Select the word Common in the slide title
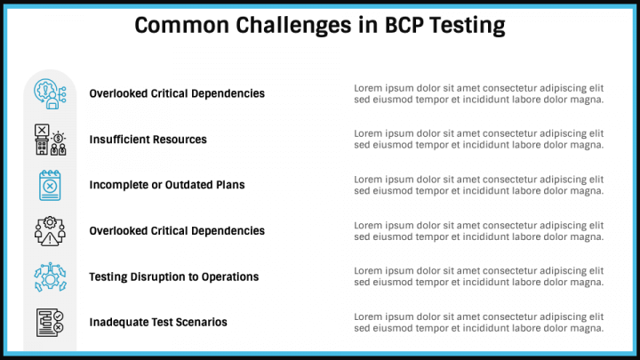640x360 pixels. [180, 26]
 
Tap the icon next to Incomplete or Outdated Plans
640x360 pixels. [50, 185]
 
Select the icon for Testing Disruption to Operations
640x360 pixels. [50, 276]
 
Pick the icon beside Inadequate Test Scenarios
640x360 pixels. [50, 322]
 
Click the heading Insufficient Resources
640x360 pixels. [148, 140]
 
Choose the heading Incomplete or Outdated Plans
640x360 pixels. [166, 185]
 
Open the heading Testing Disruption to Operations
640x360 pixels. [173, 276]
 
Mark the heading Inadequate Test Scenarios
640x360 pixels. [157, 322]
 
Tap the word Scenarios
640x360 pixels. [201, 322]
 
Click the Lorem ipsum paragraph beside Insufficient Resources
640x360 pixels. [478, 140]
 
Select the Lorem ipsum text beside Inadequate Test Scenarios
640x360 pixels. [478, 322]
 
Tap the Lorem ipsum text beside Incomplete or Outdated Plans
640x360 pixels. [478, 185]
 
